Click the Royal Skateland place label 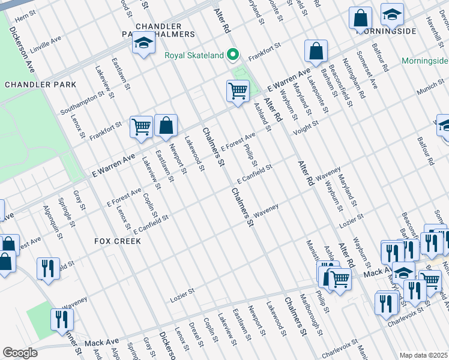click(194, 56)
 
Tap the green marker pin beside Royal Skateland click(233, 56)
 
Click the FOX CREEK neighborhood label click(118, 241)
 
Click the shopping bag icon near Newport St click(166, 126)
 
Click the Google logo click(20, 353)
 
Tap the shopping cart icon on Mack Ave click(339, 278)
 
